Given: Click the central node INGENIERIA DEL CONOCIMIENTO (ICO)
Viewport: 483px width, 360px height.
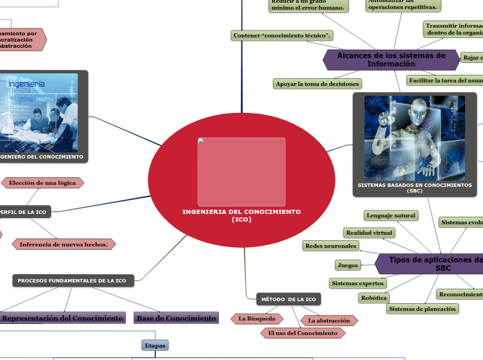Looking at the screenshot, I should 241,215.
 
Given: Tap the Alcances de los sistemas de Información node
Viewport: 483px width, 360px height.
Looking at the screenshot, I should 391,60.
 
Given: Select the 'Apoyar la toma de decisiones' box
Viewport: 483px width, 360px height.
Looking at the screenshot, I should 318,84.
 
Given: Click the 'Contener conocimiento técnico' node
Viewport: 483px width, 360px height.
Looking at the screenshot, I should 282,35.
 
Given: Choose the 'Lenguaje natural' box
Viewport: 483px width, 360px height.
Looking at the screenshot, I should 391,215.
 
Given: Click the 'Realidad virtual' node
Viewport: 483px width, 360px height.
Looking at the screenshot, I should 369,233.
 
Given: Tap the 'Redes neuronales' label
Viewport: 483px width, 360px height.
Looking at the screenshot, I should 331,246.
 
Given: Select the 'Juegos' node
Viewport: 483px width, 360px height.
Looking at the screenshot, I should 347,264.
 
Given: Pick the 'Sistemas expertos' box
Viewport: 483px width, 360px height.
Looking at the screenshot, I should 358,283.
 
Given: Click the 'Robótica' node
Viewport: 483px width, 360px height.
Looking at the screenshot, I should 374,297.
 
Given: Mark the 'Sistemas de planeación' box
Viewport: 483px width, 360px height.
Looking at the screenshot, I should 422,309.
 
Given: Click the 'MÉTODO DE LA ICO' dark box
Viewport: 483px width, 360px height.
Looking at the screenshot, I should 289,299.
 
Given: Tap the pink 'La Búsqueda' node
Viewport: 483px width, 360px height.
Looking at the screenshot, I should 257,318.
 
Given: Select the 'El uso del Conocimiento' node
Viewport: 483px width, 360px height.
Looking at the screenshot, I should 303,333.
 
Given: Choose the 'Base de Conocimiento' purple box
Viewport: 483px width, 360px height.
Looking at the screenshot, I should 176,318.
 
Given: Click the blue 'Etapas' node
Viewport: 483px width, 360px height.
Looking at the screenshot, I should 155,344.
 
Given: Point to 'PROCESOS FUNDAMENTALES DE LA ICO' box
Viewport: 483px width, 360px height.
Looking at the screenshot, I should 72,280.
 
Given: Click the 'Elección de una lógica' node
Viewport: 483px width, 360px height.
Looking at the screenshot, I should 43,183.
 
